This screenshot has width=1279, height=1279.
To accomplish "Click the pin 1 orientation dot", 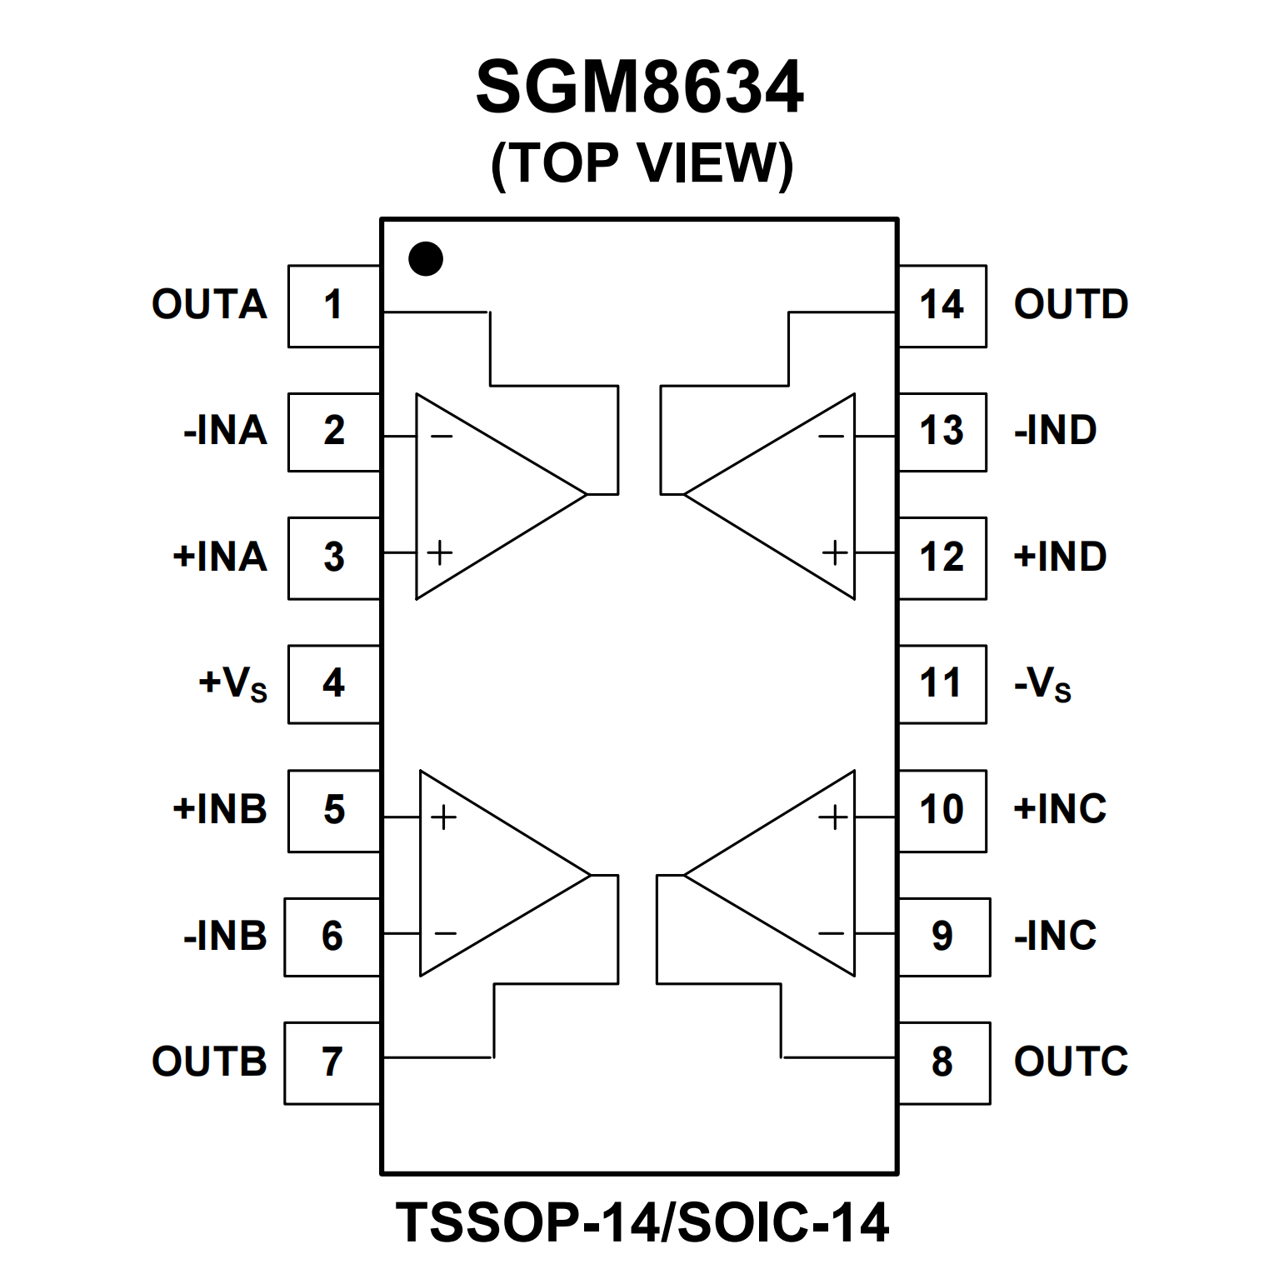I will (426, 259).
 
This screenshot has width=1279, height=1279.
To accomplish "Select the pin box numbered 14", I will (942, 306).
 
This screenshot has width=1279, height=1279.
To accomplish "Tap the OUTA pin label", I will (209, 304).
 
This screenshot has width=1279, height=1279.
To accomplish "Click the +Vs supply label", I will (232, 683).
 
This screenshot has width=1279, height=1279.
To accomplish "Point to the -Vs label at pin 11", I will (1042, 683).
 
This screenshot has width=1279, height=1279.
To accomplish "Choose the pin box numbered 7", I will (332, 1062).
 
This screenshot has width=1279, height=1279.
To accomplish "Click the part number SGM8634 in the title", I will (639, 87).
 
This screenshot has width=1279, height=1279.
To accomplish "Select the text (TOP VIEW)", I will (642, 163).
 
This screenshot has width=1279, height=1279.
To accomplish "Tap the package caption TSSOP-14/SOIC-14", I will (642, 1222).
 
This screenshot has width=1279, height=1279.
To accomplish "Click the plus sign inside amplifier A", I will (439, 552).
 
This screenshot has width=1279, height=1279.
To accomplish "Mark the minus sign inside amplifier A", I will (441, 436).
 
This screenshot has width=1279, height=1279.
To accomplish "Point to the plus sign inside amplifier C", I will (832, 817).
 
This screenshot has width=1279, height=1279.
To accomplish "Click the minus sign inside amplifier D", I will (831, 436).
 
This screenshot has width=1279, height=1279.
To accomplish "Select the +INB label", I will (220, 809).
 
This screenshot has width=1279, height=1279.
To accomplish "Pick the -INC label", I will (1055, 936).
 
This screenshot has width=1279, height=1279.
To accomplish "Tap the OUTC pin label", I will (1071, 1062).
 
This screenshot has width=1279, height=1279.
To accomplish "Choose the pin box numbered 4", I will (333, 683).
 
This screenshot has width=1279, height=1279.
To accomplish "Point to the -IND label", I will (1055, 430).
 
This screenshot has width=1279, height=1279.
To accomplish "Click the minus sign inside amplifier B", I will (445, 933).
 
